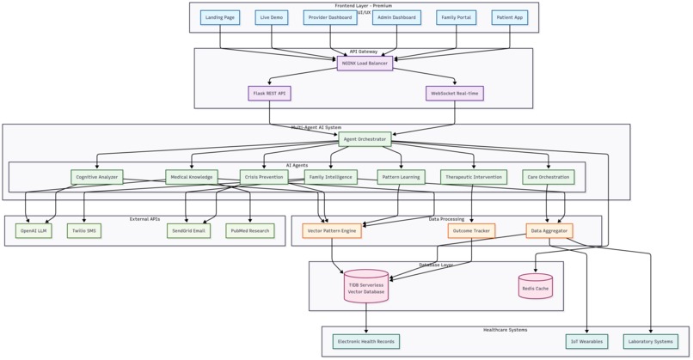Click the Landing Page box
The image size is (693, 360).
coord(220,17)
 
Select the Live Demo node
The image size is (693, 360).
coord(272,17)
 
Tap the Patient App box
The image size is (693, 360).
coord(510,17)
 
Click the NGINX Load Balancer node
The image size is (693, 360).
coord(365,63)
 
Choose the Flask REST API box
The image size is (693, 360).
coord(270,93)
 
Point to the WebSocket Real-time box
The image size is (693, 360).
coord(455,93)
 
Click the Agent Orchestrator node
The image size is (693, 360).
coord(365,138)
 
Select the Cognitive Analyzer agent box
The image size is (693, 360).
coord(97,177)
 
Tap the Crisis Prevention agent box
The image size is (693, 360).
coord(264,177)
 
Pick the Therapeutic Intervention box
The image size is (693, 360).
coord(474,177)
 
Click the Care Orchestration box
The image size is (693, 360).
coord(548,177)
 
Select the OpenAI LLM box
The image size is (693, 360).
coord(34,230)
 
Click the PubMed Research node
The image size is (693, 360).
coord(250,230)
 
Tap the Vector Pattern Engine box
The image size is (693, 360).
coord(332,230)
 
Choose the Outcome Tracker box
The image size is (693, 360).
coord(471,230)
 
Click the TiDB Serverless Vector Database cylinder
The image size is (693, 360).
coord(366,288)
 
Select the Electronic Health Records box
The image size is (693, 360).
coord(366,341)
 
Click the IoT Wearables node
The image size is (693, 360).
coord(586,341)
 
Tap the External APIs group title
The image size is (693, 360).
coord(144,219)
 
